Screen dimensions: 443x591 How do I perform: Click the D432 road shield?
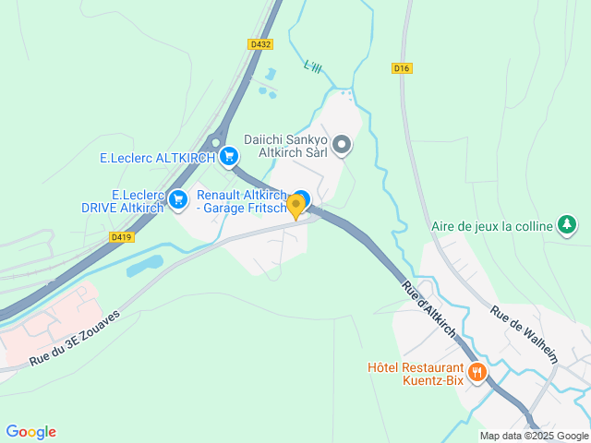pyautogui.click(x=259, y=43)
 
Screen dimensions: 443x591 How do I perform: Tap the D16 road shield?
pyautogui.click(x=401, y=67)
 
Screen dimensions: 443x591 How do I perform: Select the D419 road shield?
pyautogui.click(x=119, y=237)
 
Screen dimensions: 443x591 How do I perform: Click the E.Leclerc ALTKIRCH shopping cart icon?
pyautogui.click(x=227, y=158)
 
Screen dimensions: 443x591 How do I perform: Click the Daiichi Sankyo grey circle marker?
pyautogui.click(x=342, y=145)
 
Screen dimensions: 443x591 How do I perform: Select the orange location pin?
pyautogui.click(x=296, y=206)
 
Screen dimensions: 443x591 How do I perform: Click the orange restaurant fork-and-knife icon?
pyautogui.click(x=477, y=373)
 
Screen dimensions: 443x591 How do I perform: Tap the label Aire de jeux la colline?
pyautogui.click(x=491, y=226)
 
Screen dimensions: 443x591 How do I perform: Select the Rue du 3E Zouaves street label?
pyautogui.click(x=74, y=338)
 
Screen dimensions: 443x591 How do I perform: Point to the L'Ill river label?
pyautogui.click(x=314, y=66)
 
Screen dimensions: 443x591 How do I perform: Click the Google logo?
pyautogui.click(x=30, y=432)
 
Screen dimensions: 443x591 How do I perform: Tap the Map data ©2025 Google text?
pyautogui.click(x=534, y=436)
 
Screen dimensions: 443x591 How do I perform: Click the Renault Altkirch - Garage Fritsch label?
pyautogui.click(x=242, y=201)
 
